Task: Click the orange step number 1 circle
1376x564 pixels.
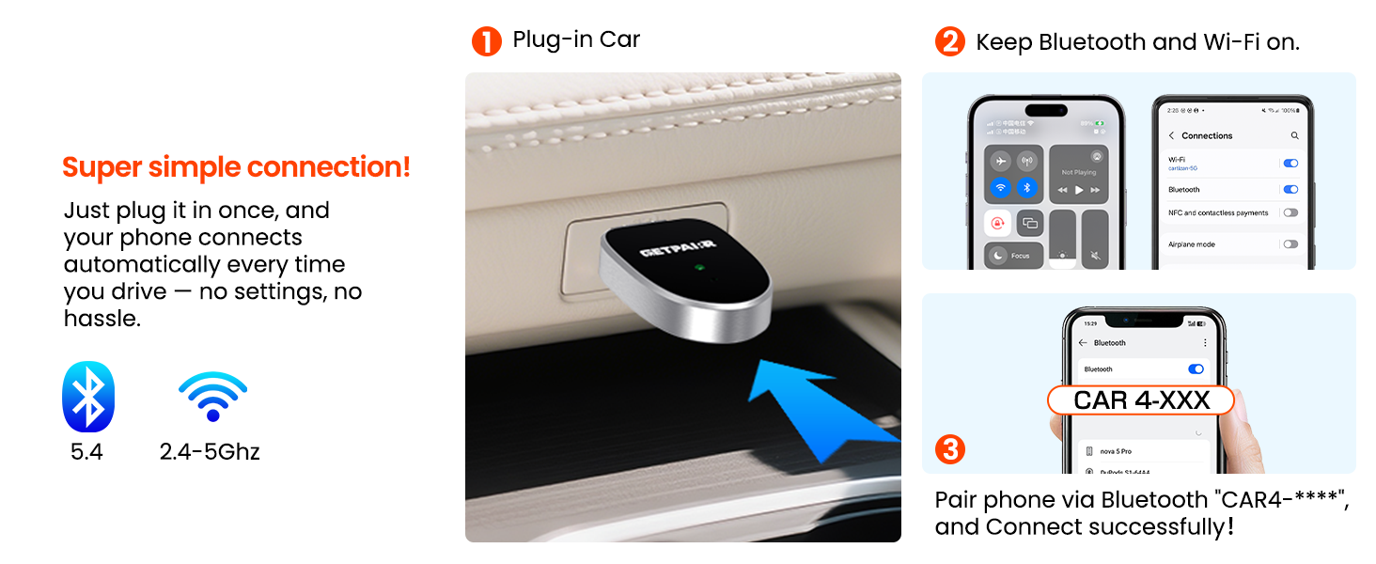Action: [x=487, y=40]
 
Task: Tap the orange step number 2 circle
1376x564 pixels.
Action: [x=950, y=41]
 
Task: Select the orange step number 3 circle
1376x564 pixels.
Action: [x=950, y=449]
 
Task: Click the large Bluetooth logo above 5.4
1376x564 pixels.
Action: [x=87, y=397]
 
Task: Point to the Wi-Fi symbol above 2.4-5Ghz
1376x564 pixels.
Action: [x=212, y=396]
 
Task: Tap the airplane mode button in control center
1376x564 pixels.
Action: [x=1001, y=161]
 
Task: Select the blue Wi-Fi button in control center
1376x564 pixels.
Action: [x=1001, y=188]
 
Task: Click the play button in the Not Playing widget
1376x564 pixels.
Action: [x=1079, y=190]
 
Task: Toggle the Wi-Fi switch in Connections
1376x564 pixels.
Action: [x=1290, y=164]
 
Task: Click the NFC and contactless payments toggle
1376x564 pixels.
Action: [x=1290, y=213]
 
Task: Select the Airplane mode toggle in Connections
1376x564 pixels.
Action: [x=1290, y=244]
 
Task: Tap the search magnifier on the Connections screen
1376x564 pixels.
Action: [x=1294, y=136]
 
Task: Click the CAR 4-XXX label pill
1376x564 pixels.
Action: [x=1141, y=400]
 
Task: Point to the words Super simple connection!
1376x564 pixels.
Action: [x=236, y=167]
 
